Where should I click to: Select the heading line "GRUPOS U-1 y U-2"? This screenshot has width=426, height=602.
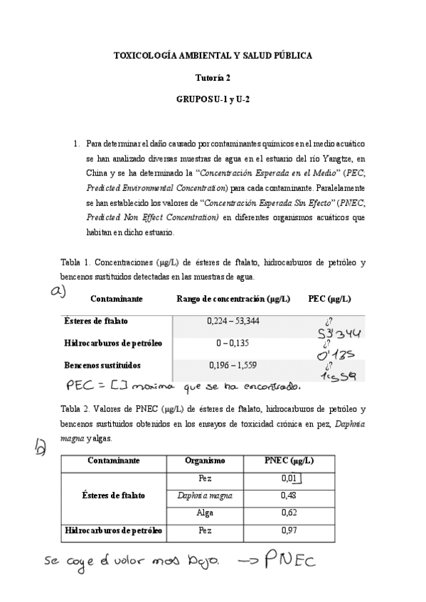213,100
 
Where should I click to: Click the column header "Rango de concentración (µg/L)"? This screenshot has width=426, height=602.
233,299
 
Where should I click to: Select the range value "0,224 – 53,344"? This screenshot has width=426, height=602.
233,322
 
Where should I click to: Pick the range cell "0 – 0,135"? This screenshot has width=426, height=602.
233,344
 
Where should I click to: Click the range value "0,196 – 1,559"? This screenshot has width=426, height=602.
233,366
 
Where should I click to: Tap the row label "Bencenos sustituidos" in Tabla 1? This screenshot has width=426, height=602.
102,366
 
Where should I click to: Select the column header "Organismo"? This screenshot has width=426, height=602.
205,461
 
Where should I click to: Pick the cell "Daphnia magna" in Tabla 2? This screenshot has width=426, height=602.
205,496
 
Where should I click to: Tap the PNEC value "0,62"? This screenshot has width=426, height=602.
289,513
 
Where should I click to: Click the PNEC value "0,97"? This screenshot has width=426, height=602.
289,530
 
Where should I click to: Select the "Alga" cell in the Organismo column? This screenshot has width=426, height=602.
205,513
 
